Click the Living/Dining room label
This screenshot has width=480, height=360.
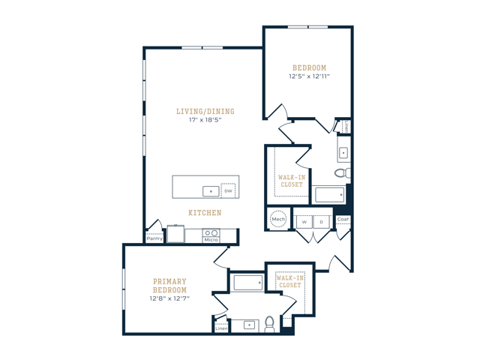coord(205,112)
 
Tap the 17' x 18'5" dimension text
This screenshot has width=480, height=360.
coord(205,120)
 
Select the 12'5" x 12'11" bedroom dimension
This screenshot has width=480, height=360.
coord(309,76)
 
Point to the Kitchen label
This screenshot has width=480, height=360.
coord(205,213)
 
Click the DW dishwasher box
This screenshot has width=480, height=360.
coord(228,190)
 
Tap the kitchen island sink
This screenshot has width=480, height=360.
coord(211,191)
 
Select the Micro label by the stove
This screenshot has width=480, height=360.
coord(211,240)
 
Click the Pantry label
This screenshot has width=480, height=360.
coord(154,238)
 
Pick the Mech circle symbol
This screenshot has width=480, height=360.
coord(278,219)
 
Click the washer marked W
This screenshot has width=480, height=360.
coord(304,222)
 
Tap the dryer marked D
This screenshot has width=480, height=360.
coord(322,222)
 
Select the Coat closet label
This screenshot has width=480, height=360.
coord(343,219)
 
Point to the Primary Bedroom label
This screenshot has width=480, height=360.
coord(169,286)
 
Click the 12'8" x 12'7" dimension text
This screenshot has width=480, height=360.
coord(169,298)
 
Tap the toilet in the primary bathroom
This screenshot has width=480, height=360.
coord(269,325)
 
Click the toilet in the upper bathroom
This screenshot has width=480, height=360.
coord(343,173)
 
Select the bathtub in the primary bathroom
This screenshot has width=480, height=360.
coord(248,283)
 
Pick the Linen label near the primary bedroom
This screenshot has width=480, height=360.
coord(221,328)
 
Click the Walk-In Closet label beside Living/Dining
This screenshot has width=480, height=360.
coord(292,181)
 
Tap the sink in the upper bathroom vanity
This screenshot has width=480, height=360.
coord(343,152)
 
